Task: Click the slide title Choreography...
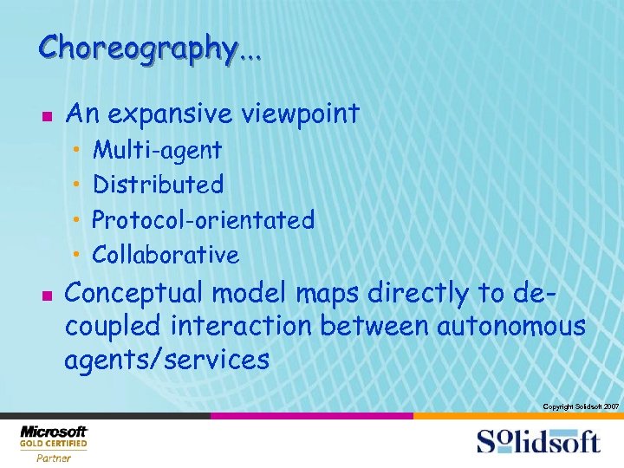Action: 149,48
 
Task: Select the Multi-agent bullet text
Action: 157,151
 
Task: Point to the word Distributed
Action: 158,185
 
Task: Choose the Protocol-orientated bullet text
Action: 203,220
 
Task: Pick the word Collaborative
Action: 165,255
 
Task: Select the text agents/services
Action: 166,359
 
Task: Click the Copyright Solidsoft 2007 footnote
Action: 580,406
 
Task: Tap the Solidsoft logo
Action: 537,441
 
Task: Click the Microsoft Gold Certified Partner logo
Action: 54,442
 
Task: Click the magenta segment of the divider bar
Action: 311,416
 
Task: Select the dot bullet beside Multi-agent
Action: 76,151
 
